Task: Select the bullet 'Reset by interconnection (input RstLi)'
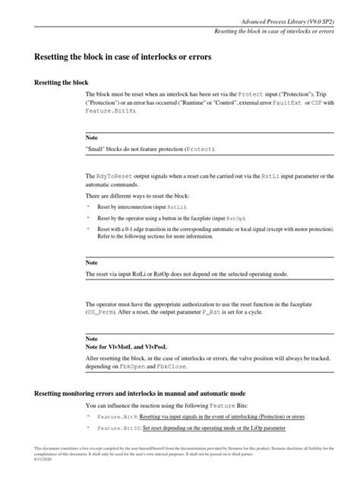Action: click(x=141, y=207)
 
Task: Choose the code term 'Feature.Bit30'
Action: click(x=118, y=428)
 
